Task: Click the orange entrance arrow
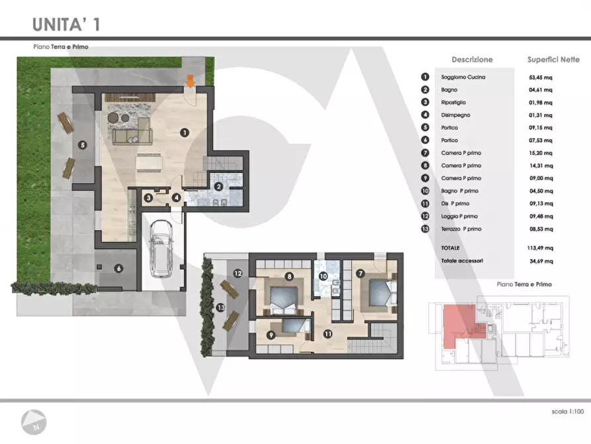coord(191,82)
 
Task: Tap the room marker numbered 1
coord(184,133)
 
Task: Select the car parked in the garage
coord(161,249)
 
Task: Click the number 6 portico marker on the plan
coord(118,268)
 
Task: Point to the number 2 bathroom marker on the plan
coord(218,186)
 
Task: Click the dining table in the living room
coord(150,163)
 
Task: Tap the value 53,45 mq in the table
coord(541,78)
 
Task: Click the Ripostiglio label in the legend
coord(453,102)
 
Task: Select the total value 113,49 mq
coord(540,248)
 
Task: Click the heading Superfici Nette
coord(553,59)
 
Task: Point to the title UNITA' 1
coord(66,24)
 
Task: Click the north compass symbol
coord(34,421)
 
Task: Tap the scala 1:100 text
coord(568,411)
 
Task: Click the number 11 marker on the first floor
coord(328,334)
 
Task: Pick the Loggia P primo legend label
coord(459,216)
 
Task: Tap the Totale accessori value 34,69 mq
coord(541,261)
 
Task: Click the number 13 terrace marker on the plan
coord(220,307)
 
